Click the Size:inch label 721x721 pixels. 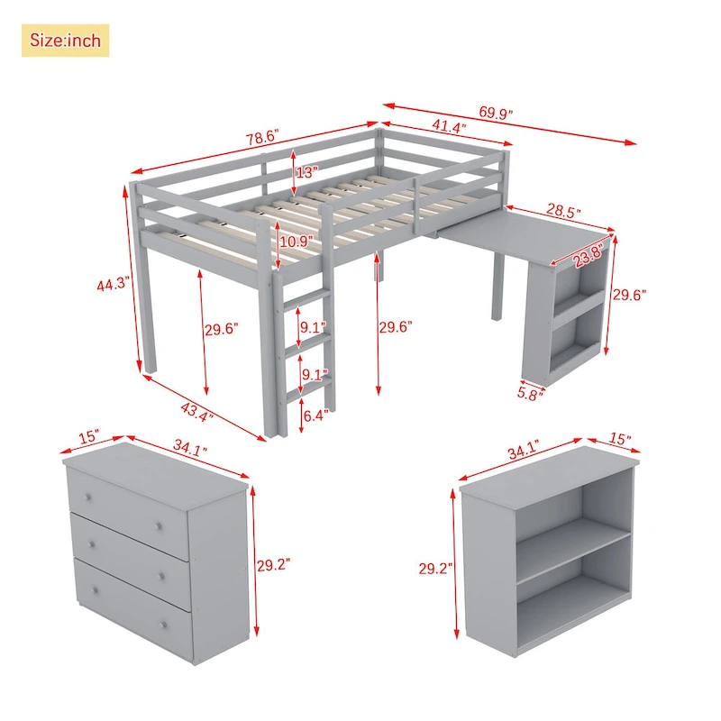(x=65, y=41)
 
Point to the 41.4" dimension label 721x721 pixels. (x=448, y=128)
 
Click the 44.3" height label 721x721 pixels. (x=115, y=284)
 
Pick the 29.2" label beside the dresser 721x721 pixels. (x=273, y=566)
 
